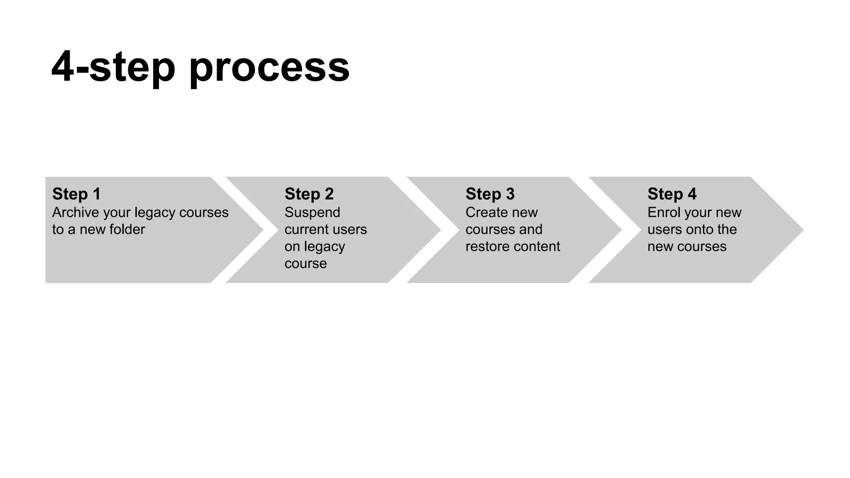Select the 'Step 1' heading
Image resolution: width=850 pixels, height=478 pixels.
[x=76, y=194]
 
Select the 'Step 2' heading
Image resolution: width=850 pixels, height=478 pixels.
[x=309, y=194]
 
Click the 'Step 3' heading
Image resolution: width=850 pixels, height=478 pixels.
[x=490, y=194]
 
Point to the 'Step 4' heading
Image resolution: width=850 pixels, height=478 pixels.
[x=672, y=194]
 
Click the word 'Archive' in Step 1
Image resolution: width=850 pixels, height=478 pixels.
[x=76, y=212]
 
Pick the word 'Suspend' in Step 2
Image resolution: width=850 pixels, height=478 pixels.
[x=312, y=212]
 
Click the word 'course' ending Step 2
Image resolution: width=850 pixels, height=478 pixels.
[x=305, y=263]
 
